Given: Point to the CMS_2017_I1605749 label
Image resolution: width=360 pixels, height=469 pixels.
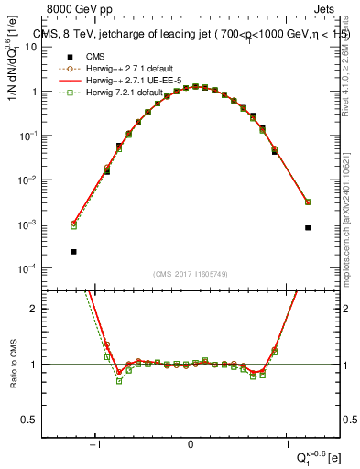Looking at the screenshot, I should coord(191,273).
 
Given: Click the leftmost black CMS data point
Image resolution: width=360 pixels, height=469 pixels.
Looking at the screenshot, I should coord(73,251).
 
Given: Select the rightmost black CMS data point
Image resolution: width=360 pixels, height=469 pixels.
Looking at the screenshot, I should coord(308,227).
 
